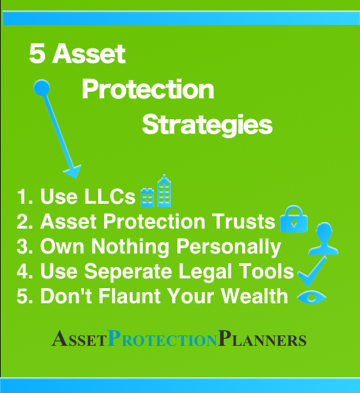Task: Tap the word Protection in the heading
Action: (148, 89)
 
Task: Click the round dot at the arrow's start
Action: (41, 86)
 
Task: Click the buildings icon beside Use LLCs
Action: (157, 191)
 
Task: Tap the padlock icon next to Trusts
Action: (293, 220)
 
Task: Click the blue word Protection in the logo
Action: (162, 340)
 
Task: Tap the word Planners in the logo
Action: (262, 340)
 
